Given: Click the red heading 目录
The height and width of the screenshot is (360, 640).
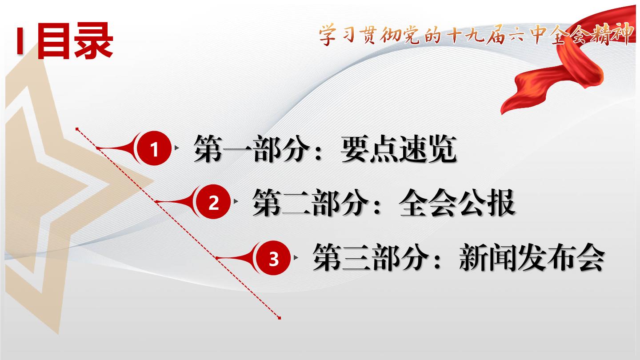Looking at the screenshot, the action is coord(75,41).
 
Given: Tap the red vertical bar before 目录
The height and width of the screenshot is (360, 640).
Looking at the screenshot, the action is coord(20,41).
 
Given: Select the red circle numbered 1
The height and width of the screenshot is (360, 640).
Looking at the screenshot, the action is coord(154,148).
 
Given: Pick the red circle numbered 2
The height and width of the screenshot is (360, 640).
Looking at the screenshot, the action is coord(213,202).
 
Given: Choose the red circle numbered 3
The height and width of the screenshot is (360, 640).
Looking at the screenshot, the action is coord(273,258).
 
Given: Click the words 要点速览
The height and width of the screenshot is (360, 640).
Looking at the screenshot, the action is coord(399,149).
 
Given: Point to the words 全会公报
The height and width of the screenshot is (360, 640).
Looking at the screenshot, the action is coord(457,203).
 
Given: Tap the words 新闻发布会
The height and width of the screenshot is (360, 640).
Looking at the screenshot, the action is coord(532,258).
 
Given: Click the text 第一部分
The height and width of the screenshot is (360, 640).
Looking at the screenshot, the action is coord(252,149).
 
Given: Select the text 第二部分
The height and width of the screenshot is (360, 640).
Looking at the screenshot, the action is coord(310,203).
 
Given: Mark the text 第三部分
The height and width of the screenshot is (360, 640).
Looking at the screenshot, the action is coord(371,258).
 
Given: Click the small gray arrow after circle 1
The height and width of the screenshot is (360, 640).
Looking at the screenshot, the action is coord(177,148).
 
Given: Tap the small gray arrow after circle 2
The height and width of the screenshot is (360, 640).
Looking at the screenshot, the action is coord(236,201).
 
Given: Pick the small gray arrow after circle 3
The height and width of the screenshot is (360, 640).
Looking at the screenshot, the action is coord(296,258).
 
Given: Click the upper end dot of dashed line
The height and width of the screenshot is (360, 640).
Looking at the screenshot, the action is coord(77,129).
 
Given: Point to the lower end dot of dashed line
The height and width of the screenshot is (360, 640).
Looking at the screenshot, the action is coord(280,318).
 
